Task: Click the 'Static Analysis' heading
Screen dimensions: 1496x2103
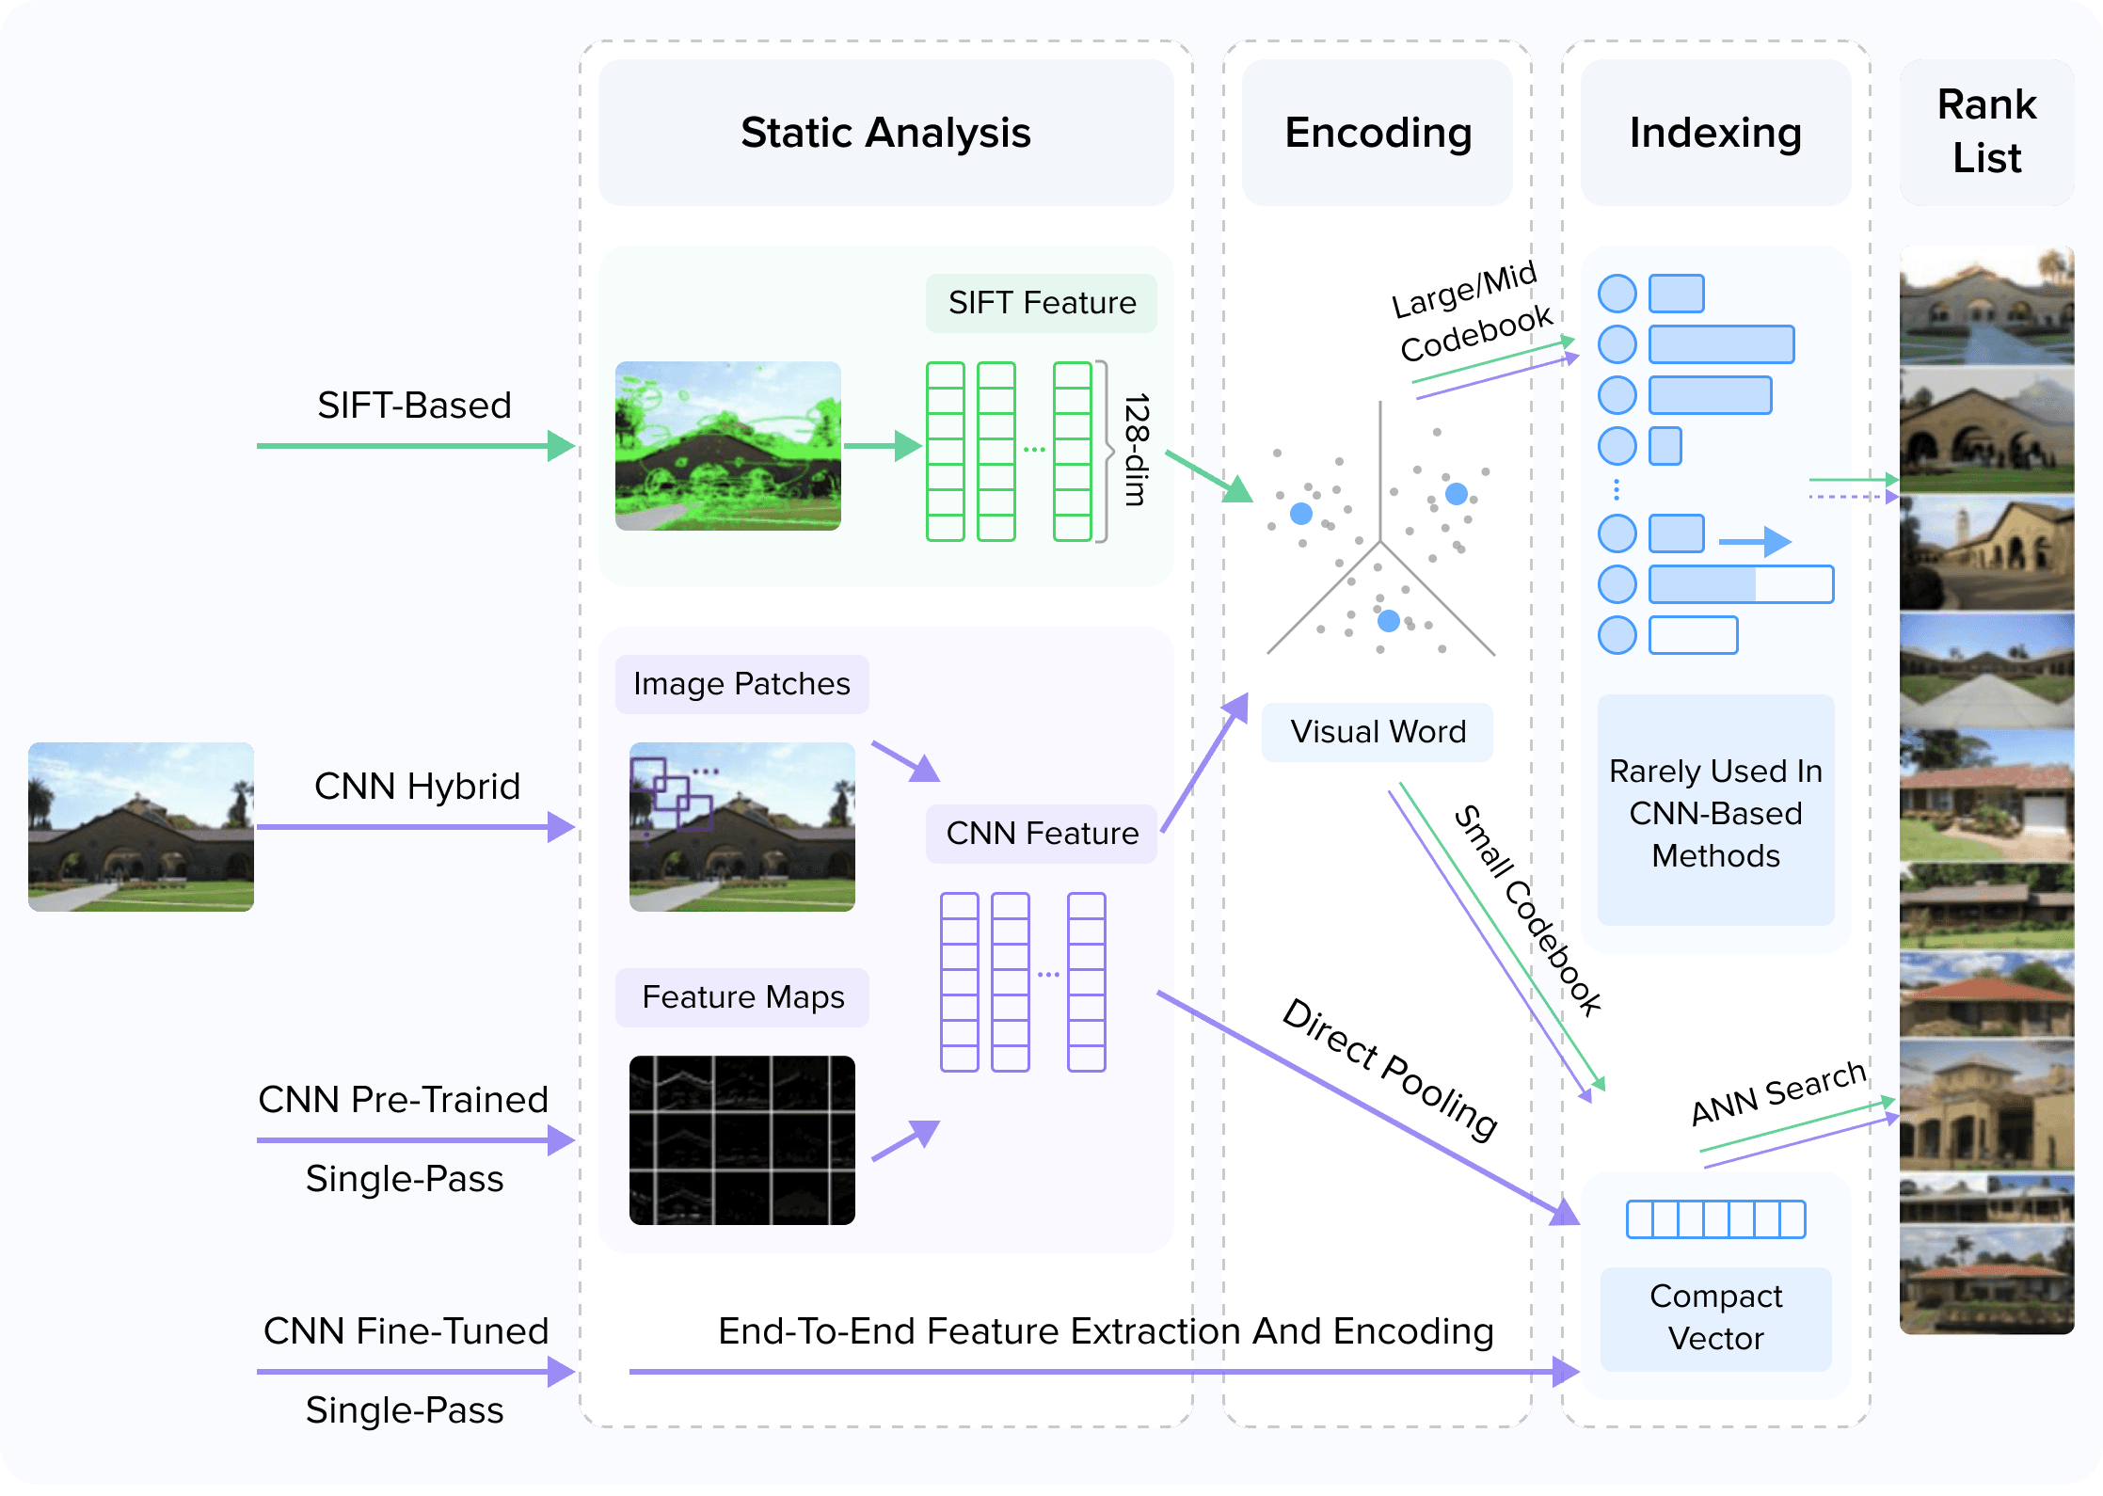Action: (x=885, y=133)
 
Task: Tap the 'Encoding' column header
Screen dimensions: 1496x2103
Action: (x=1378, y=133)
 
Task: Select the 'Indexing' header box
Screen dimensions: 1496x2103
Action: (x=1715, y=133)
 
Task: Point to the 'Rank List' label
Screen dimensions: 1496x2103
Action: (x=1986, y=132)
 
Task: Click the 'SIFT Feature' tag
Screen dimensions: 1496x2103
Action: (x=1042, y=303)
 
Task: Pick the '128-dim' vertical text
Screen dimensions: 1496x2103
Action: (x=1137, y=450)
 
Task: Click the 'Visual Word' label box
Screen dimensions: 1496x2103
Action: (x=1378, y=732)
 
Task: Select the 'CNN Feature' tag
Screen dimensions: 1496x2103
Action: (x=1042, y=834)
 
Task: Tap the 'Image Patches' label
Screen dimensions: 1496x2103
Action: (x=741, y=684)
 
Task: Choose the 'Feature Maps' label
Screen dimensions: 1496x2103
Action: (x=742, y=997)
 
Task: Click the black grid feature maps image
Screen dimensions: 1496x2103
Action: (x=741, y=1140)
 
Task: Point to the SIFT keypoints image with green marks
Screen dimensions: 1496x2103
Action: (x=727, y=446)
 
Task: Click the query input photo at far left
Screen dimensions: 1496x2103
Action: (x=141, y=826)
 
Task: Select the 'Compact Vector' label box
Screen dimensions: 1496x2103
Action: (x=1715, y=1317)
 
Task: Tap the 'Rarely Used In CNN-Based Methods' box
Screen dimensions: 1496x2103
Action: (x=1715, y=813)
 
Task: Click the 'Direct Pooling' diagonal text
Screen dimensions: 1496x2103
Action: (x=1390, y=1069)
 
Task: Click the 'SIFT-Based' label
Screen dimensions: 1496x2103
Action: (x=414, y=406)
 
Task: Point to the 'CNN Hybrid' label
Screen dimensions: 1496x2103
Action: (x=417, y=787)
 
